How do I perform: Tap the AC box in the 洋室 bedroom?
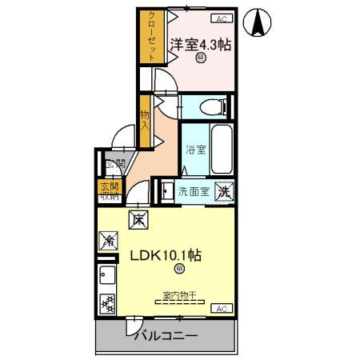click(x=220, y=18)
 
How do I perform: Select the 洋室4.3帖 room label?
click(x=201, y=45)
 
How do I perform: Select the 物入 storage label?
click(x=145, y=120)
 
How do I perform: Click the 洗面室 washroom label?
click(x=193, y=192)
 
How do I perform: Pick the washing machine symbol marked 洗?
click(x=226, y=192)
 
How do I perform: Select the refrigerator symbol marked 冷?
click(x=109, y=239)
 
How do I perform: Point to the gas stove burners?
click(x=107, y=303)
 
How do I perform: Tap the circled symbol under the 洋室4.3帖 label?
click(x=200, y=58)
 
